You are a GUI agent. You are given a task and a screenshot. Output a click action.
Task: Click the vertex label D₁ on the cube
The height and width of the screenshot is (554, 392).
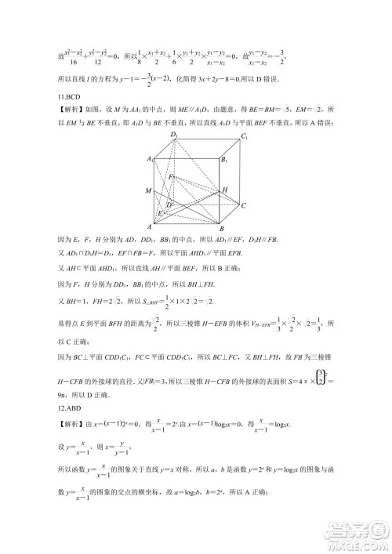point(175,135)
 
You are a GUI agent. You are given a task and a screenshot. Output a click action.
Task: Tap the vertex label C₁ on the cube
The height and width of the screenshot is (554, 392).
point(245,137)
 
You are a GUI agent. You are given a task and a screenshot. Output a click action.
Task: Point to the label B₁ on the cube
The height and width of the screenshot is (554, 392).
point(225,160)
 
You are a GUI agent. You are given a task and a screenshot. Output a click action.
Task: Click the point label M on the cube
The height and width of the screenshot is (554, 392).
point(148,191)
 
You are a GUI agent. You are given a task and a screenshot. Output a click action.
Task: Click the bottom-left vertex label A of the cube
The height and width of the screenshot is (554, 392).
point(150,227)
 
